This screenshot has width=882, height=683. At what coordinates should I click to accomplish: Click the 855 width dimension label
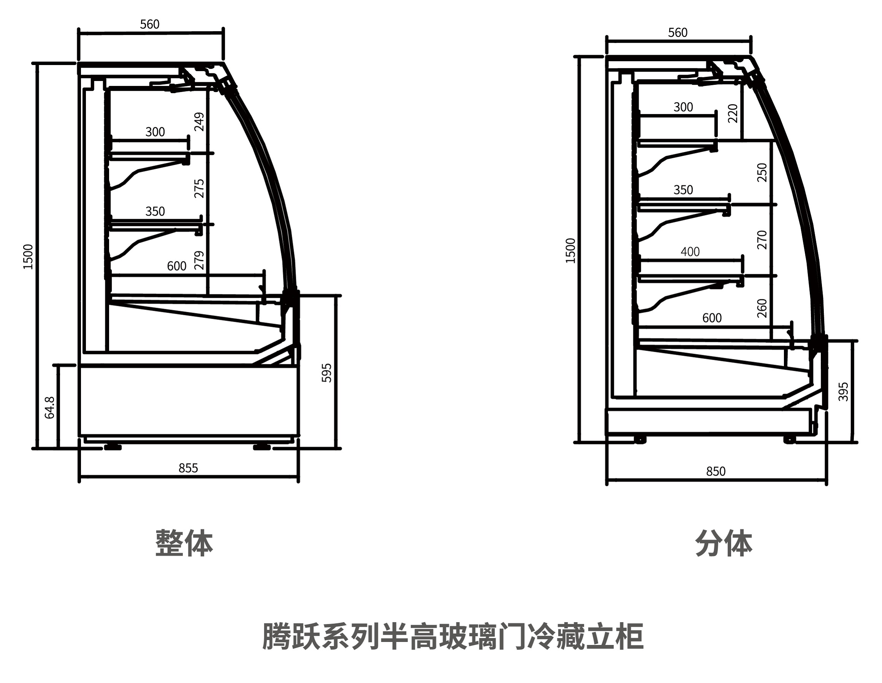tap(188, 468)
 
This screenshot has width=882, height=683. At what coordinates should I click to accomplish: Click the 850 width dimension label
tap(715, 471)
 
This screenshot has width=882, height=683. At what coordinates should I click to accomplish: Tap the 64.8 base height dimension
tap(50, 408)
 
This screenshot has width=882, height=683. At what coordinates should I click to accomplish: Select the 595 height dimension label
tap(326, 373)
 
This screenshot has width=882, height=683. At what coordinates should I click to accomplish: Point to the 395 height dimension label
tap(844, 391)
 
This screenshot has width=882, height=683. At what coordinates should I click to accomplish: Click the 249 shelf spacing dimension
tap(200, 122)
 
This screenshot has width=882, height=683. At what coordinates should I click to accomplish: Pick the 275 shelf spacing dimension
tap(200, 188)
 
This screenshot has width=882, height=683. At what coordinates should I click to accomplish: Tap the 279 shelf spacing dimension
tap(200, 260)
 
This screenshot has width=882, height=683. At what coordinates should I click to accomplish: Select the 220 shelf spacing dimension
tap(733, 113)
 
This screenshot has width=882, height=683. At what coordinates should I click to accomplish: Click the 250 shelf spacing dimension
tap(761, 173)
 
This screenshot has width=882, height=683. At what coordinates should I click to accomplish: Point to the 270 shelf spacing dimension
tap(761, 240)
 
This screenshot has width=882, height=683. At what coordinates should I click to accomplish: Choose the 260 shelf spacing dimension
tap(761, 308)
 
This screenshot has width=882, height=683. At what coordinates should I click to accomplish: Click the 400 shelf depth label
tap(690, 252)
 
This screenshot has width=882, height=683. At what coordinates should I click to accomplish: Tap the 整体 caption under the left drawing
tap(184, 543)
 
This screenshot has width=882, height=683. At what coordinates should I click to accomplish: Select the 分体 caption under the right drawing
tap(724, 543)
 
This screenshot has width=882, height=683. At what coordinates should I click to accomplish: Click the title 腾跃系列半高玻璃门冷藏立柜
tap(453, 637)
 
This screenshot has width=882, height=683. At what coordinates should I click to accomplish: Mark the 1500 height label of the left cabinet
tap(28, 256)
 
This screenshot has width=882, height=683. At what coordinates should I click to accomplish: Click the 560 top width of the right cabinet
tap(677, 33)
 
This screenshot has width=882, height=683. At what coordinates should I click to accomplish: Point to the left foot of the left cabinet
tap(113, 447)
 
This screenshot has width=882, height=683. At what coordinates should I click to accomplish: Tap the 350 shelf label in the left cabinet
tap(155, 211)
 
